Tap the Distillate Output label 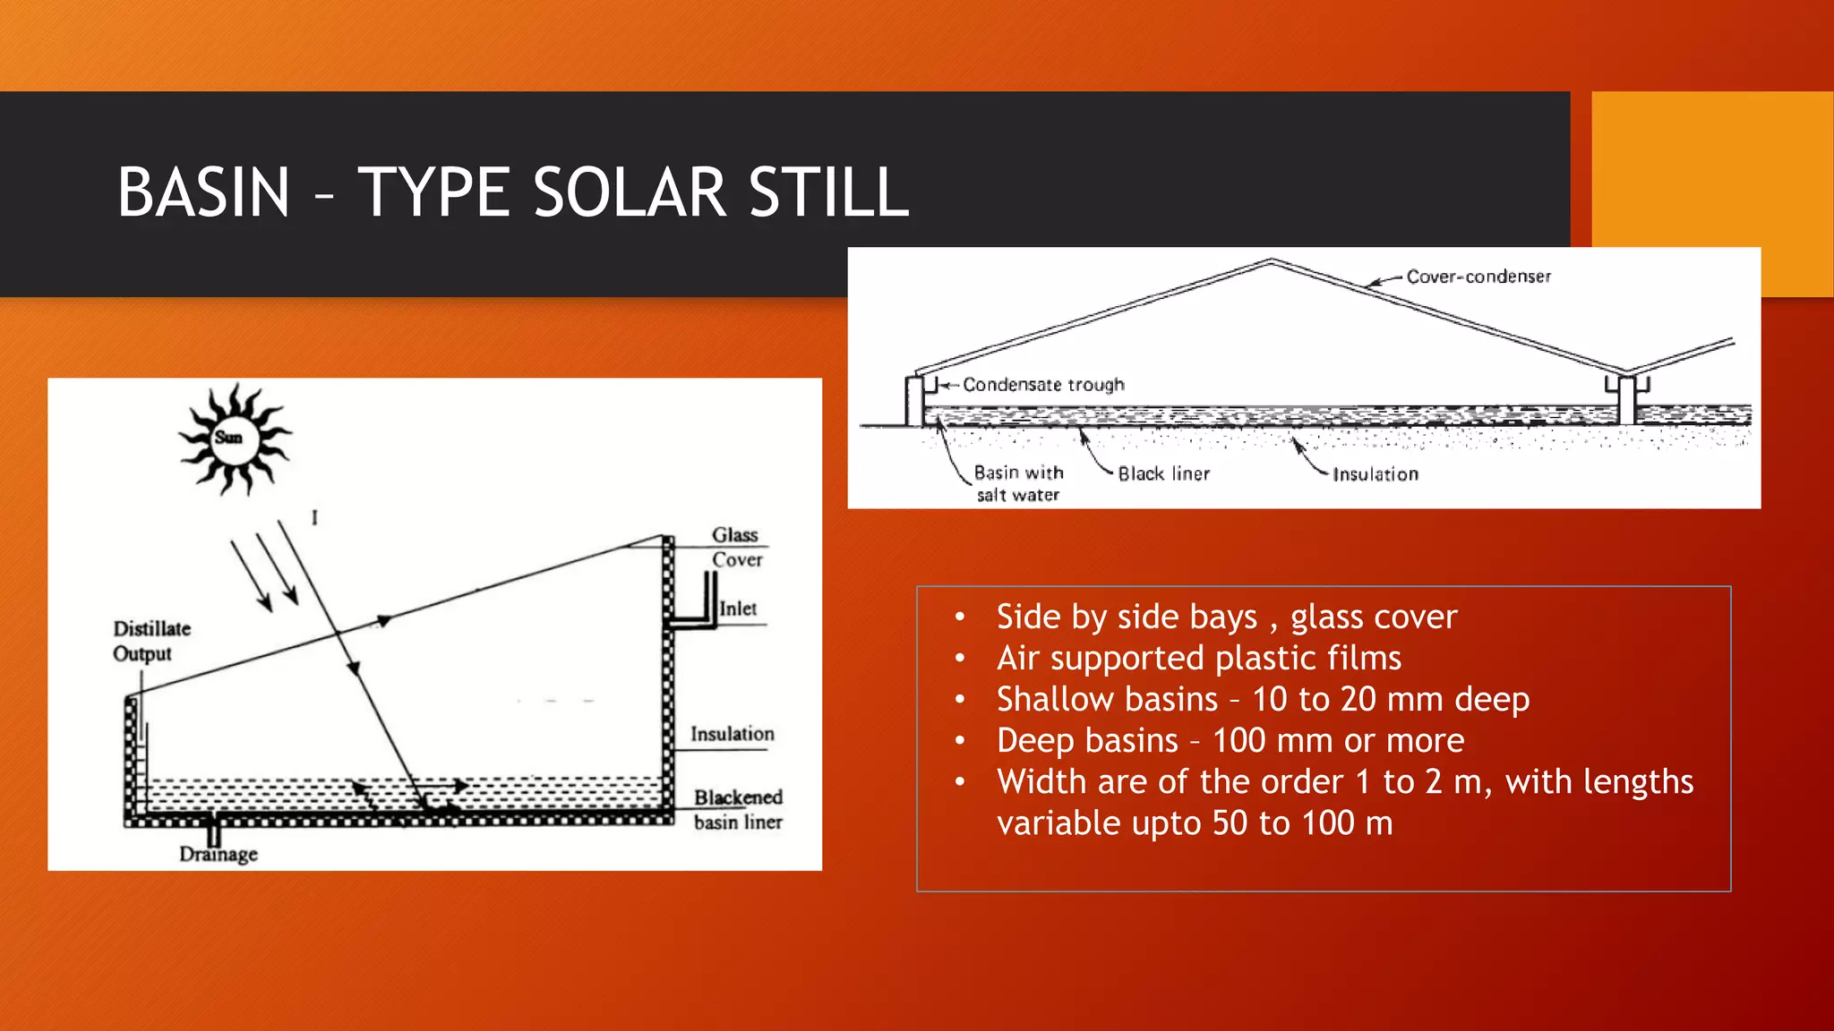click(x=150, y=641)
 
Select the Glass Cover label click(x=736, y=547)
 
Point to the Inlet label click(x=738, y=609)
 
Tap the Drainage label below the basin click(x=219, y=854)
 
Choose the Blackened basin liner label click(x=738, y=809)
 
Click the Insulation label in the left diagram click(x=732, y=734)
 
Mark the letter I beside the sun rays click(x=314, y=517)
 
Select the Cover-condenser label click(x=1478, y=277)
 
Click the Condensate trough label click(x=1043, y=385)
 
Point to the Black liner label click(x=1163, y=474)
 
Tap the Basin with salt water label click(x=1018, y=483)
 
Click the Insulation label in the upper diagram click(x=1375, y=474)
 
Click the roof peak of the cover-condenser click(x=1271, y=261)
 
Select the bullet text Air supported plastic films click(x=1198, y=658)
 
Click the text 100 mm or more click(x=1338, y=740)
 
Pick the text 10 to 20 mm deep click(x=1390, y=699)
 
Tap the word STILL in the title click(x=828, y=192)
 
